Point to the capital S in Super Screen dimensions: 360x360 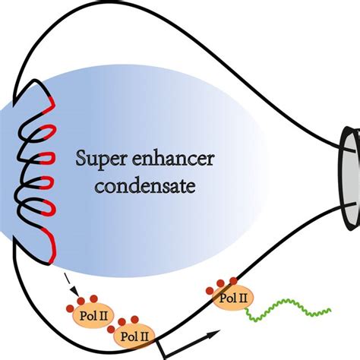tap(81, 160)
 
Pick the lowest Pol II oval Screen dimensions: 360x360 tap(134, 333)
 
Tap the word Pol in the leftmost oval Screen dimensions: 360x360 tap(81, 312)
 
